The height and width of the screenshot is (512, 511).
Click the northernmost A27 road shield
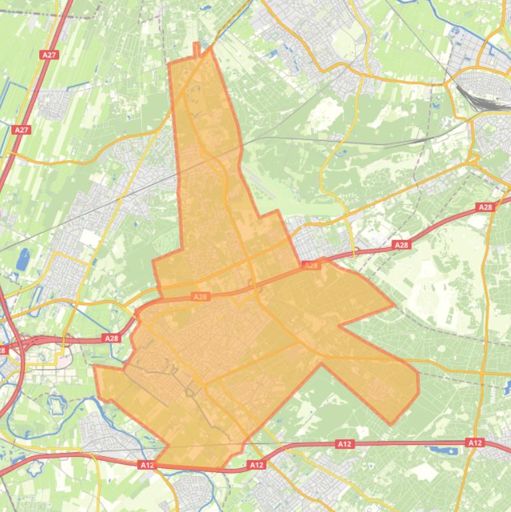[49, 55]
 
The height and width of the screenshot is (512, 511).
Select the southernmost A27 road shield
[22, 130]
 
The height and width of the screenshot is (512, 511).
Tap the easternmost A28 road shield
[486, 207]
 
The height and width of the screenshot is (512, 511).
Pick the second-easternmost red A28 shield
[401, 245]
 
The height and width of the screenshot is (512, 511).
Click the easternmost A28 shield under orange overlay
[311, 265]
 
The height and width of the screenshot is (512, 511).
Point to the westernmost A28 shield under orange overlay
[200, 297]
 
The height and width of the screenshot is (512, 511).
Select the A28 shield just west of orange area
[112, 338]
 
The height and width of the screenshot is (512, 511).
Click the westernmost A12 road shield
[147, 465]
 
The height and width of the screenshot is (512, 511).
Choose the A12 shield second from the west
[256, 465]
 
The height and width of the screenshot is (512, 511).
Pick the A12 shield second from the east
[344, 444]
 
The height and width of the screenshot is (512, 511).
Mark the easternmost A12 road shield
[474, 442]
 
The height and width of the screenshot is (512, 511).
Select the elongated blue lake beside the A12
[439, 450]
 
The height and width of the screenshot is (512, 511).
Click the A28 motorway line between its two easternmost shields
[444, 226]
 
